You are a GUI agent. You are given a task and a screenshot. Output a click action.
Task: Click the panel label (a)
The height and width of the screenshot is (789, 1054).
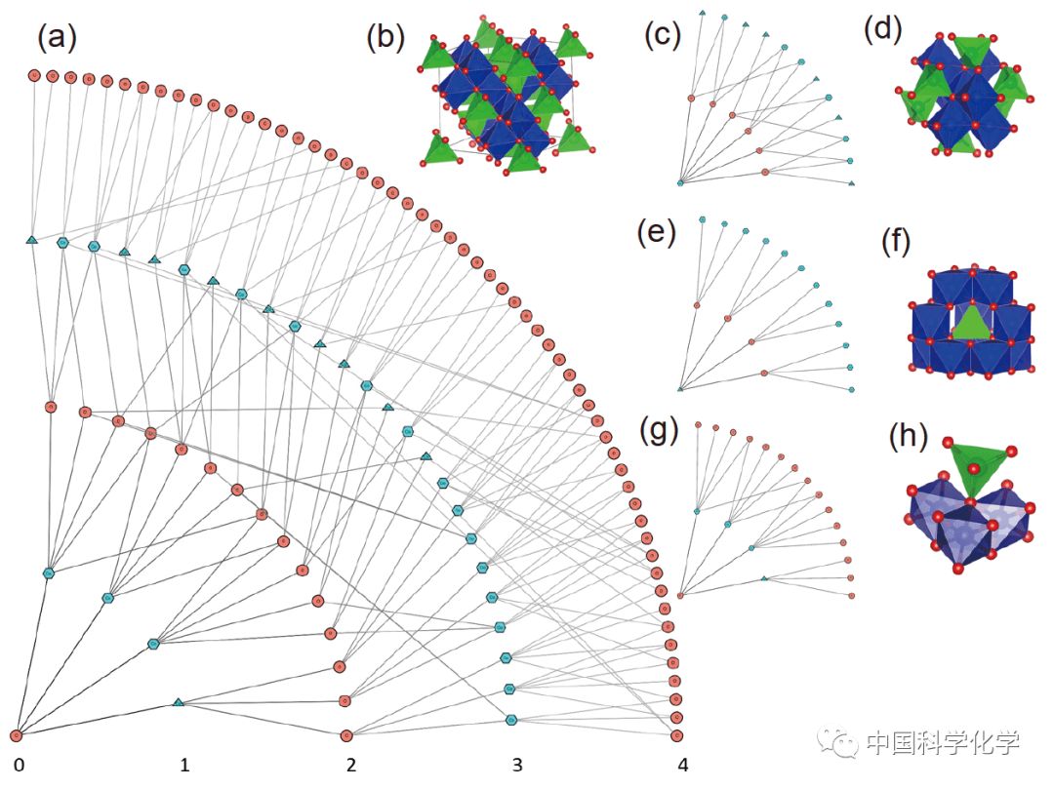57,38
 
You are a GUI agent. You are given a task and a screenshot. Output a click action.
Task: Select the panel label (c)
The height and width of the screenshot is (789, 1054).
663,35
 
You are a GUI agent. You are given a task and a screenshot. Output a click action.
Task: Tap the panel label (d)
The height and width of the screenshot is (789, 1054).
884,30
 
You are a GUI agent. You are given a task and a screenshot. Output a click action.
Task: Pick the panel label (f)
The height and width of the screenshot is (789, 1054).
895,241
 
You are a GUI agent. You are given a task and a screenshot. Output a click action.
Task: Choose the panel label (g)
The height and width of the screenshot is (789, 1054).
658,429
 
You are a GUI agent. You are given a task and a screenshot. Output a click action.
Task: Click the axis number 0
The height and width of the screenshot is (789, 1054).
19,764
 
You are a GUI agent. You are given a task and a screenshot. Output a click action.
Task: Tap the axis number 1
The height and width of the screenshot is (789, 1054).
184,764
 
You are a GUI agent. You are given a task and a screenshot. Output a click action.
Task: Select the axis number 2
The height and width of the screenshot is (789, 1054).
351,764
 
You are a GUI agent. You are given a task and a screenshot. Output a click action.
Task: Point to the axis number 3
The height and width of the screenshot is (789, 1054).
517,764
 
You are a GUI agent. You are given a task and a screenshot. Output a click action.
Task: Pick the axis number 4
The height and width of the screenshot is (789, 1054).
683,764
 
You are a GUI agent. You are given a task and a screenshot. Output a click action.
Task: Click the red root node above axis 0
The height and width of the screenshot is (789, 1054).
17,734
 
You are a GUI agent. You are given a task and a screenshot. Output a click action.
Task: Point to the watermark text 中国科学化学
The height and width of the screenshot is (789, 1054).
942,743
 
